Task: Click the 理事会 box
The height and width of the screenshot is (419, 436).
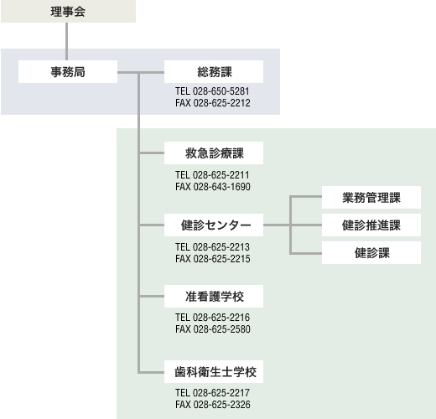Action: pyautogui.click(x=68, y=11)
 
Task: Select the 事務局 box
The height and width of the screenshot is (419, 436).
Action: pyautogui.click(x=68, y=72)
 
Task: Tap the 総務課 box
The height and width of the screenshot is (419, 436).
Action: pyautogui.click(x=214, y=72)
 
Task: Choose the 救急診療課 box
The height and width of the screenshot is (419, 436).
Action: pyautogui.click(x=214, y=153)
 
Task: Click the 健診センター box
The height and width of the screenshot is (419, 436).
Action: pyautogui.click(x=214, y=225)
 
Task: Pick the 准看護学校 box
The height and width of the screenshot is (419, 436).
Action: pyautogui.click(x=214, y=297)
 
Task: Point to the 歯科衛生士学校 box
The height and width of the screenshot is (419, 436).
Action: pyautogui.click(x=214, y=372)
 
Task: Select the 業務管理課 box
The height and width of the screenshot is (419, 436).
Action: pyautogui.click(x=371, y=197)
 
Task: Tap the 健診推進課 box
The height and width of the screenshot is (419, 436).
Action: pyautogui.click(x=371, y=225)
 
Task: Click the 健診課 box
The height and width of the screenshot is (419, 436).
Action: pyautogui.click(x=371, y=253)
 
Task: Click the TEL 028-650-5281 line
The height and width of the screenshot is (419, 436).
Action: pyautogui.click(x=212, y=91)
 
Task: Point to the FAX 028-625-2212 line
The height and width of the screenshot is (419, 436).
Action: pyautogui.click(x=213, y=103)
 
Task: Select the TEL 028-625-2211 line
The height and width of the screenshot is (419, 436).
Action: pyautogui.click(x=212, y=175)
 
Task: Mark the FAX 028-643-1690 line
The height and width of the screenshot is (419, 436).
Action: pyautogui.click(x=213, y=187)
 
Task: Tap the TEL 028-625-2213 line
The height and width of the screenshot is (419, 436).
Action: pyautogui.click(x=212, y=247)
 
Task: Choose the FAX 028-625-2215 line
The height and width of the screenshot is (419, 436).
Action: pyautogui.click(x=213, y=259)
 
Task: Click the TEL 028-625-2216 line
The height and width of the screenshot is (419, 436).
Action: pyautogui.click(x=212, y=318)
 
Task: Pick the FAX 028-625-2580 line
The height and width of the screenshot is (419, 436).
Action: pyautogui.click(x=213, y=329)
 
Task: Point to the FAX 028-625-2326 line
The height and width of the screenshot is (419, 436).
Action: pyautogui.click(x=213, y=405)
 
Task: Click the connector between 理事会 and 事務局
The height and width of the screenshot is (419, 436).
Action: pyautogui.click(x=66, y=41)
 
